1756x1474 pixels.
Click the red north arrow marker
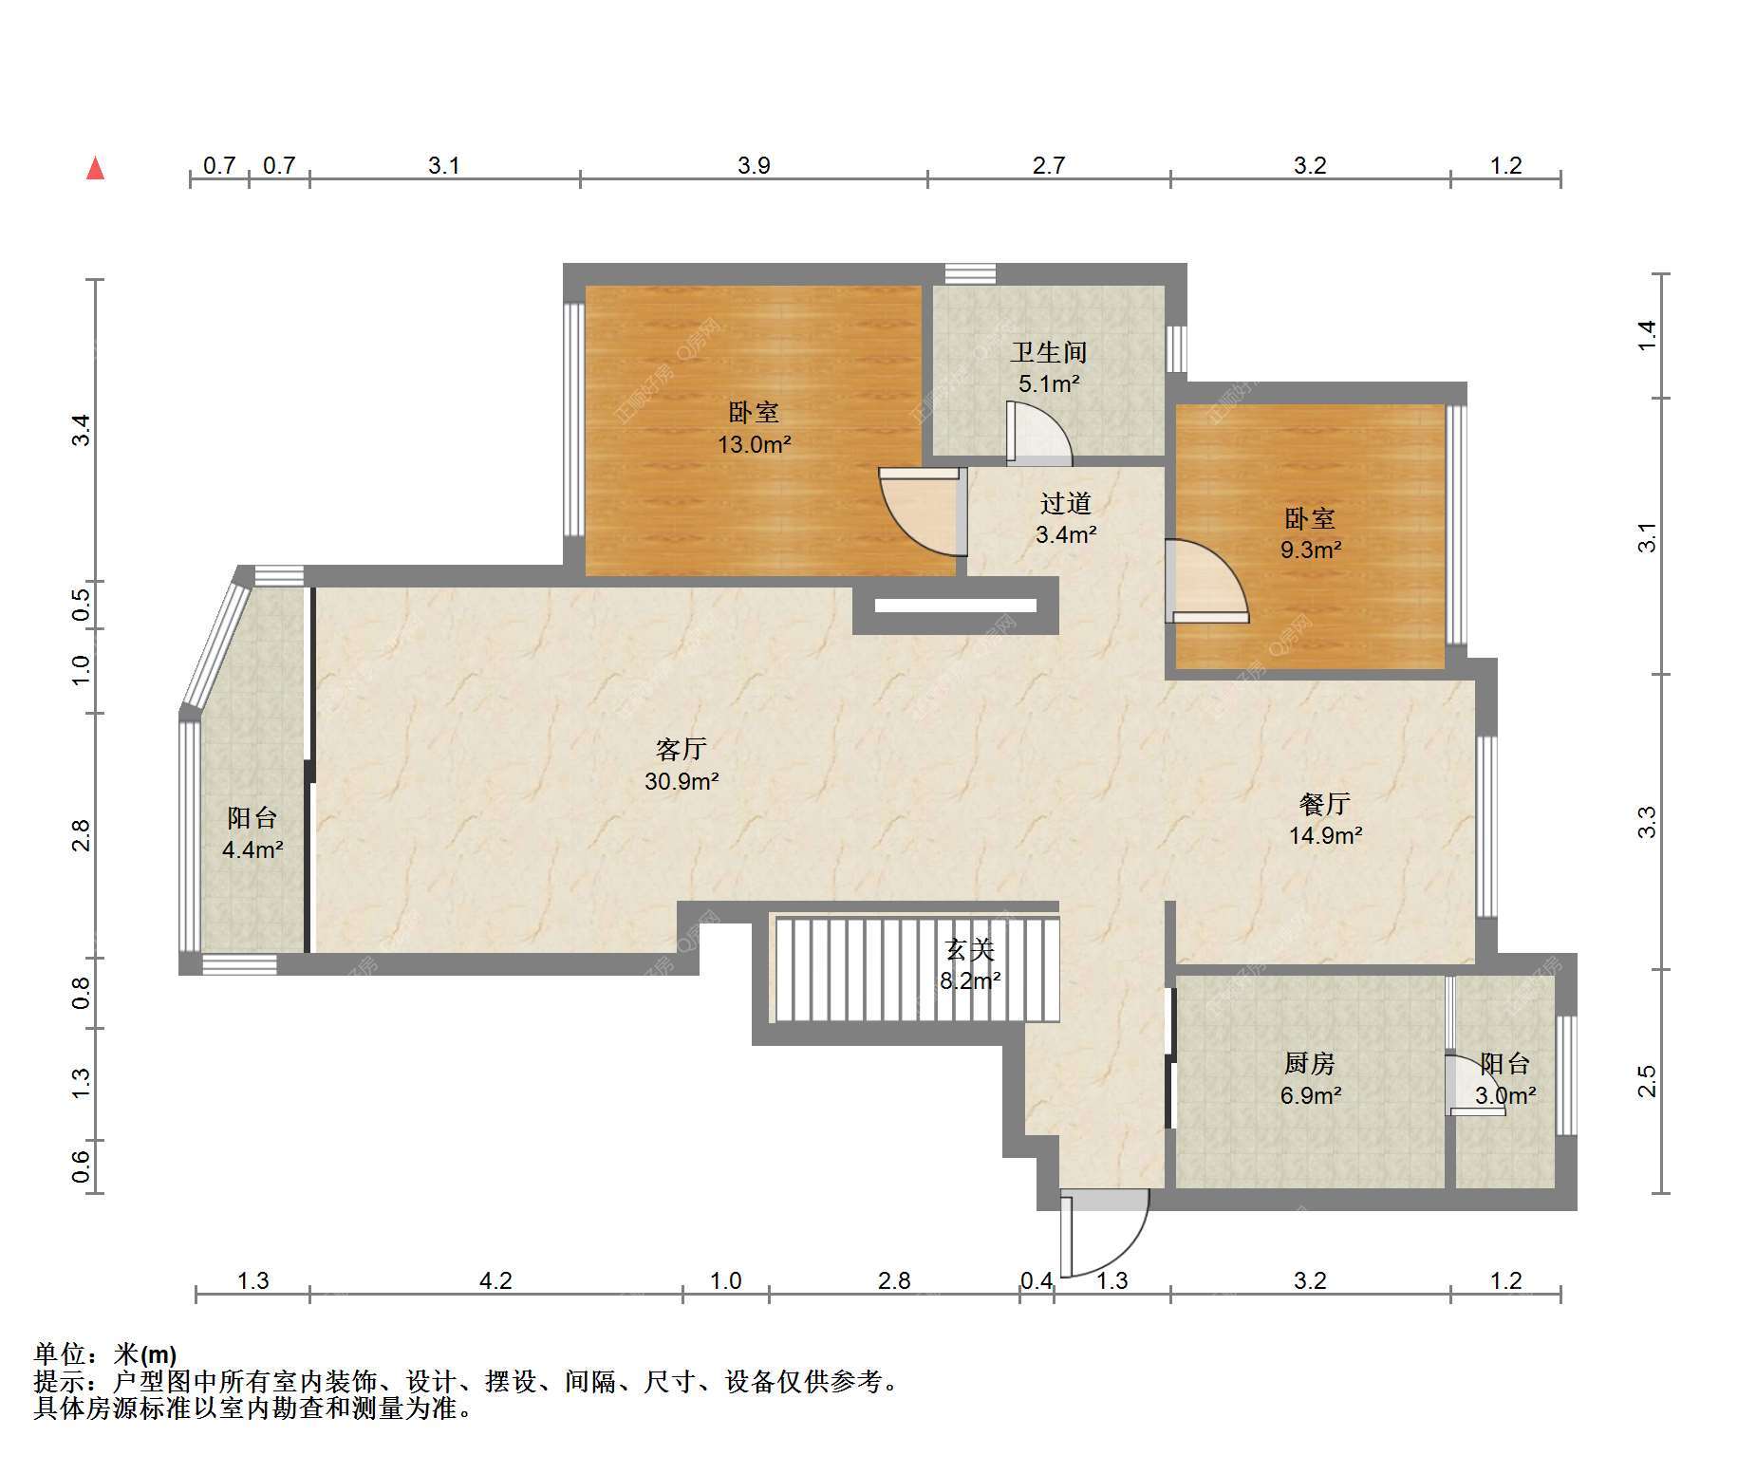(x=95, y=168)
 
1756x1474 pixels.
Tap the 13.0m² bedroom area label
(x=754, y=443)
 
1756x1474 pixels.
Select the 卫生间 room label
(x=1048, y=352)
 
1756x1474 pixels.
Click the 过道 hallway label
(x=1066, y=503)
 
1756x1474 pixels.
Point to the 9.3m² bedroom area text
(x=1310, y=549)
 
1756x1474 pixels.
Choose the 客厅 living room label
(x=681, y=749)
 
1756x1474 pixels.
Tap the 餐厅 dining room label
(x=1325, y=804)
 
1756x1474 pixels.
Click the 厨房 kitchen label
(x=1310, y=1064)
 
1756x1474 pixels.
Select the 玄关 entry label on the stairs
(x=969, y=949)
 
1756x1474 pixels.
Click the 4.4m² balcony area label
(x=252, y=849)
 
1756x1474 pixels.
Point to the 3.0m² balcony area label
(x=1505, y=1096)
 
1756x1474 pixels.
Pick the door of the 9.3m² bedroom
(x=1207, y=581)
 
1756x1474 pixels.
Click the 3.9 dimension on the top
(x=754, y=165)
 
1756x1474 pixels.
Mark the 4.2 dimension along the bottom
(x=495, y=1281)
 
